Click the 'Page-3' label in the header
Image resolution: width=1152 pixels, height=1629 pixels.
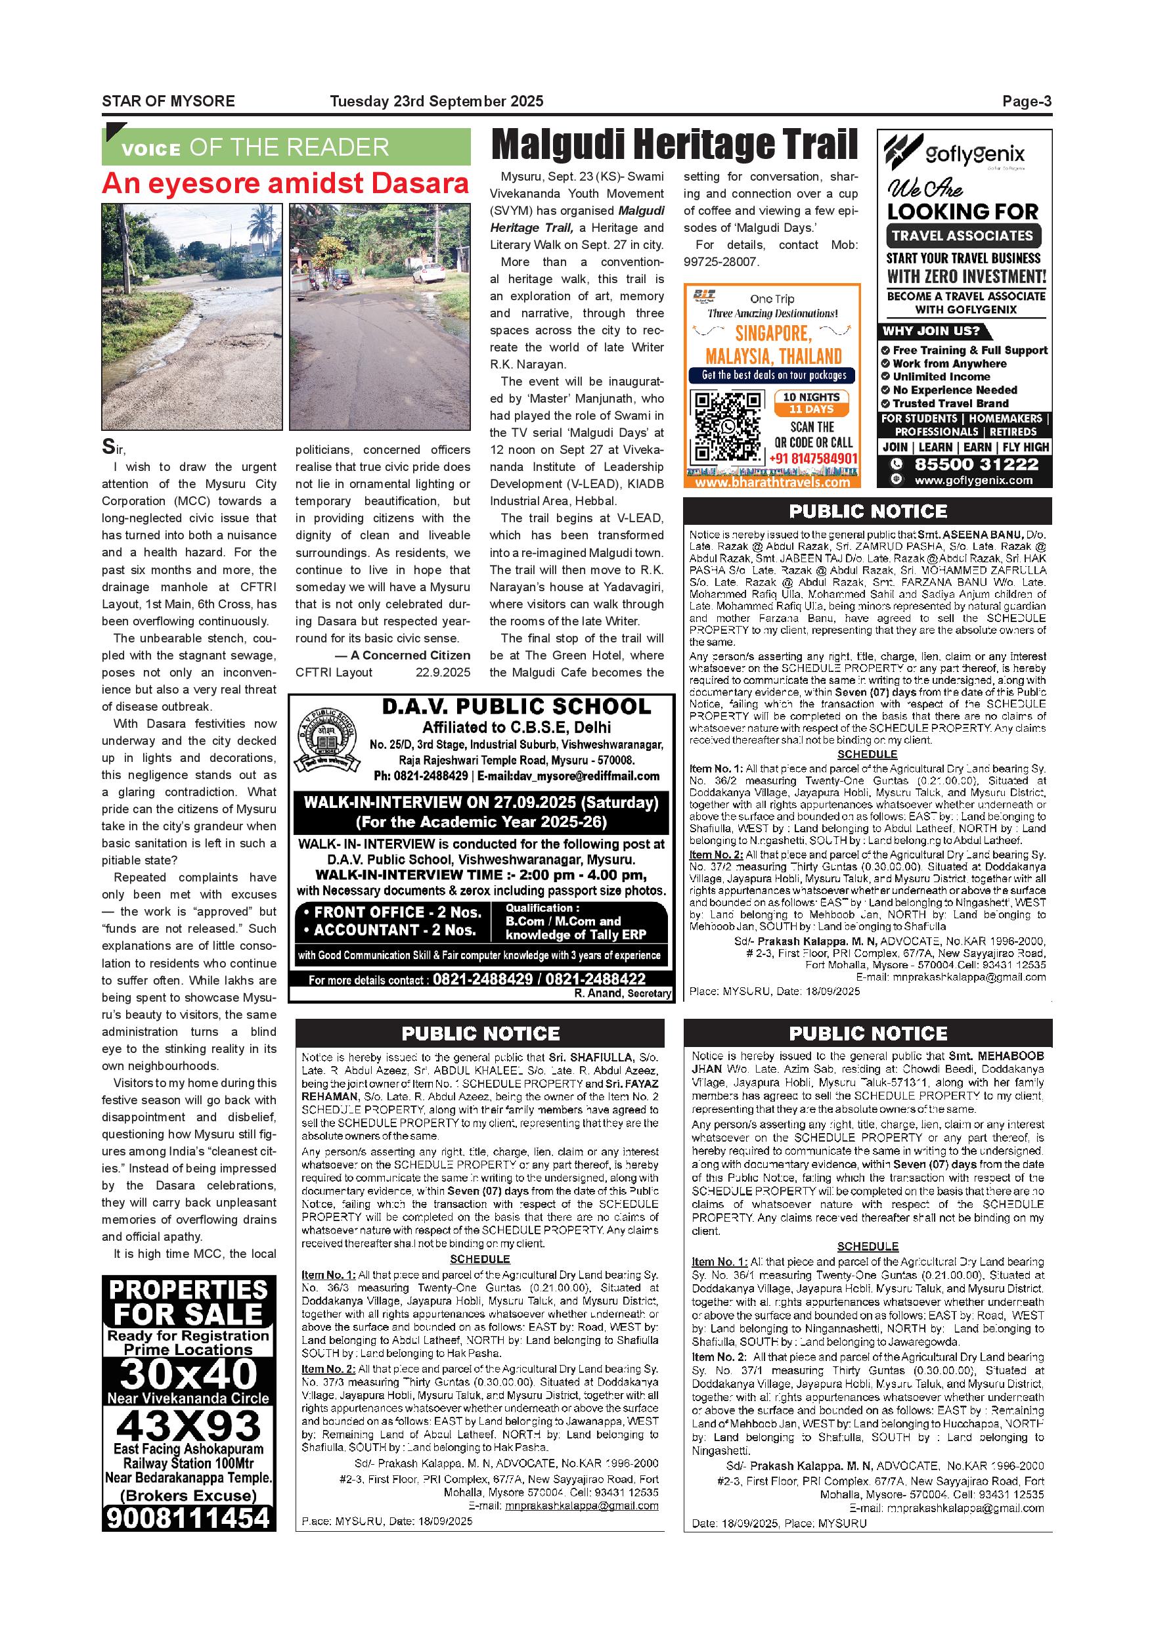[1026, 101]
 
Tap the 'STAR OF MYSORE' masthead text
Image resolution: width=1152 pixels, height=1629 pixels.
[168, 101]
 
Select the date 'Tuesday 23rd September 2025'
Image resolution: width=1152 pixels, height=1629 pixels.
[436, 101]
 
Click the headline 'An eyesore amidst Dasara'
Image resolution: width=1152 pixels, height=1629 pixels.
[285, 184]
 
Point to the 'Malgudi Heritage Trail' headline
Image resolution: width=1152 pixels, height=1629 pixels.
[674, 145]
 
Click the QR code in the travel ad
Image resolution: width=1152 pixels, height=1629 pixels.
[726, 426]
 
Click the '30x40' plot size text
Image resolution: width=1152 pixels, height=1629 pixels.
[188, 1374]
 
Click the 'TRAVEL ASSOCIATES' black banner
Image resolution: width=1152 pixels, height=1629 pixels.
[962, 236]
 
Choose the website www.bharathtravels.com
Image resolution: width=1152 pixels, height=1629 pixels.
[772, 482]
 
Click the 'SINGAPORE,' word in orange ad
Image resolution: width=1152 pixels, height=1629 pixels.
[772, 334]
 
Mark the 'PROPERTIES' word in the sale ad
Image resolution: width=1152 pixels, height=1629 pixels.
[188, 1289]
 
